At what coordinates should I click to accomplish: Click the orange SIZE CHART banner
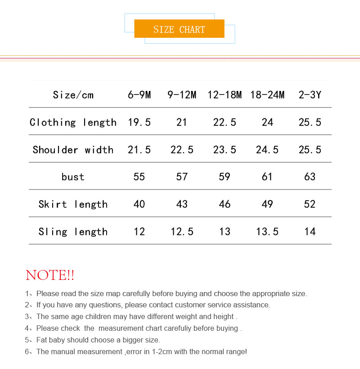tap(179, 29)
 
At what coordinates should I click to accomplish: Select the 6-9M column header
tap(139, 95)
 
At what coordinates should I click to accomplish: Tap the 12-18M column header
tap(225, 95)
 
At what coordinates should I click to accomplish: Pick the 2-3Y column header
tap(310, 95)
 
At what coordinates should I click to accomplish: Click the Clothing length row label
tap(73, 122)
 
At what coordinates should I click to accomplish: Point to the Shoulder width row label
tap(73, 150)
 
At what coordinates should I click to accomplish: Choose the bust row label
tap(73, 177)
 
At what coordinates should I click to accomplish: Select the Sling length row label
tap(73, 232)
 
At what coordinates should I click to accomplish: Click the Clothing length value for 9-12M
tap(182, 122)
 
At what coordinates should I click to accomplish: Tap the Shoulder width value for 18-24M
tap(267, 150)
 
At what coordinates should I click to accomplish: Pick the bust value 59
tap(225, 177)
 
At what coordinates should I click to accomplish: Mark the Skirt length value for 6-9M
tap(139, 204)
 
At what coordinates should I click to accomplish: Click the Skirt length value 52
tap(310, 204)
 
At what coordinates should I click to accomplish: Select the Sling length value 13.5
tap(267, 232)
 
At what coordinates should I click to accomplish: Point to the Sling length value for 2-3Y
tap(310, 232)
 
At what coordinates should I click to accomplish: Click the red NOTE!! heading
tap(50, 275)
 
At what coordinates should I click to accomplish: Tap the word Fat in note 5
tap(42, 340)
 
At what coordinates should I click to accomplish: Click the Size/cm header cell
tap(73, 95)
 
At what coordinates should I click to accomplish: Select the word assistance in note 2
tap(252, 305)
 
